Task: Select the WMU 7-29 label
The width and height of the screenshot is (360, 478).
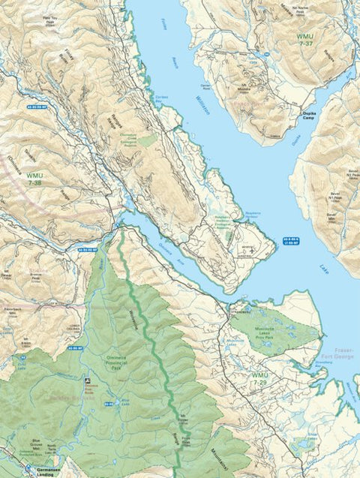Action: point(259,379)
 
